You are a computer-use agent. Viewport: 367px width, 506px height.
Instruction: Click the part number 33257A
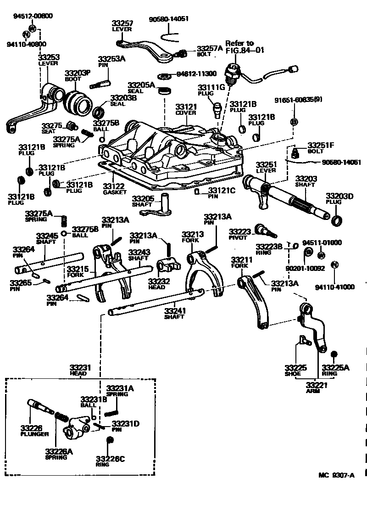[210, 48]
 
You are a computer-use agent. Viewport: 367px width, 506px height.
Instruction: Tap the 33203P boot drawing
[78, 101]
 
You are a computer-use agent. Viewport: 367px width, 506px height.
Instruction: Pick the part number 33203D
[339, 196]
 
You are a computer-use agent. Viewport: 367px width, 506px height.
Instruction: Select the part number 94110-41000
[334, 287]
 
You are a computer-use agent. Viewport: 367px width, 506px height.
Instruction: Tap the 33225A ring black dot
[334, 354]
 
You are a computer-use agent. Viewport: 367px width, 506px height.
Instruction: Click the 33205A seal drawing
[164, 91]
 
